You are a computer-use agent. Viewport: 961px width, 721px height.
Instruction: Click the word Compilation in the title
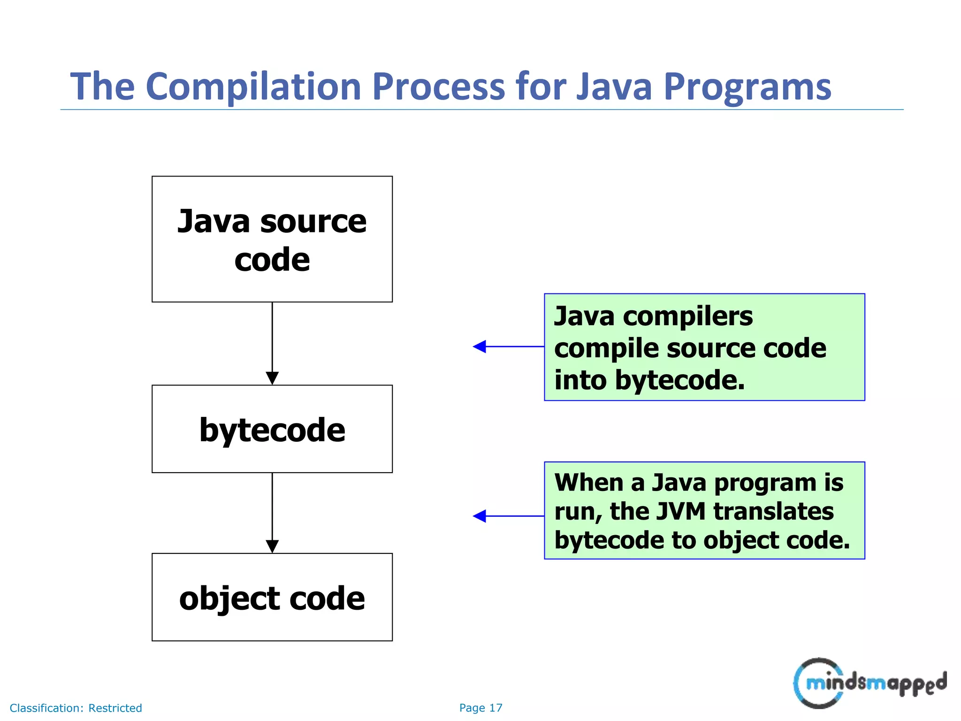tap(253, 87)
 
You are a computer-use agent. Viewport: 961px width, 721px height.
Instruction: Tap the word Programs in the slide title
tap(747, 87)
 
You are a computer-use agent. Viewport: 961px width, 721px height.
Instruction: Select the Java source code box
tap(272, 239)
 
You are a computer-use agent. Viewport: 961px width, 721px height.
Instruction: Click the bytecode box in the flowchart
tap(272, 429)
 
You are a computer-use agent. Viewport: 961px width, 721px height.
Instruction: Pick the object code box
tap(272, 597)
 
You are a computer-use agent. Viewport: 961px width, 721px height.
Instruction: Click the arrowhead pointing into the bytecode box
tap(272, 378)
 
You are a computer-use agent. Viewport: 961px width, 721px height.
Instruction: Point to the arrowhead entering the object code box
tap(272, 546)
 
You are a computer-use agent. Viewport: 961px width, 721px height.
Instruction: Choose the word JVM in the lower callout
tap(683, 511)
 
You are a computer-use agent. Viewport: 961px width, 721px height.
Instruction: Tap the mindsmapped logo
tap(869, 683)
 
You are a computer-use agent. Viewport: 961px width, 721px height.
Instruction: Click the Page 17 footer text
tap(480, 708)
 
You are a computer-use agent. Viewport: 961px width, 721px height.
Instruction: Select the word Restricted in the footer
tap(115, 708)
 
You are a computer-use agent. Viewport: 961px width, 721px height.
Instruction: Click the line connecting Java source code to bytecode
tap(272, 336)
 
